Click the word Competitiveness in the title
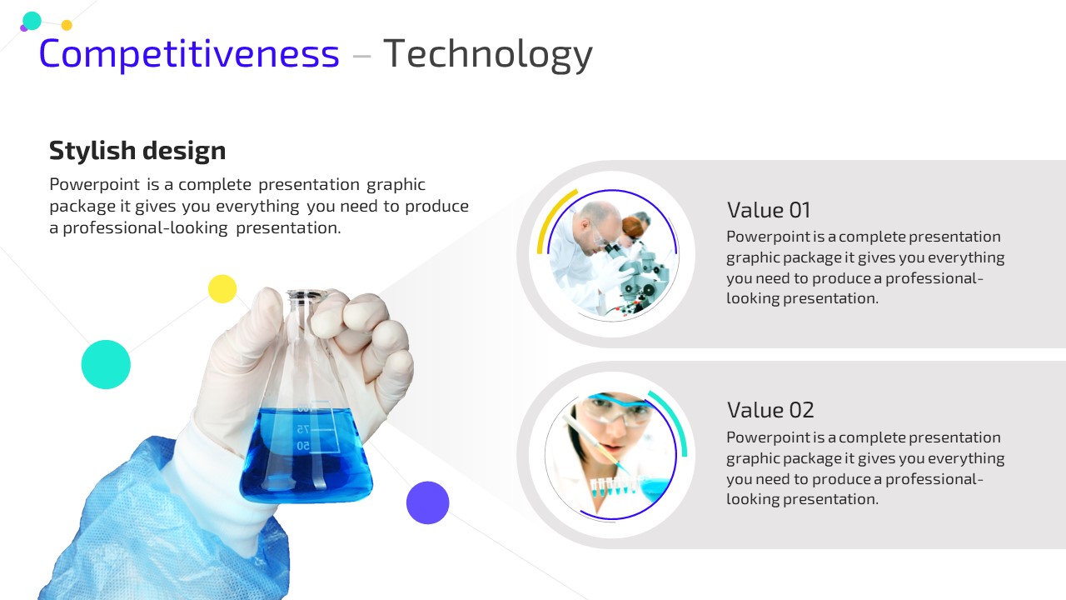(x=189, y=54)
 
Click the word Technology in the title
(x=488, y=54)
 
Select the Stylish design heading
(x=137, y=152)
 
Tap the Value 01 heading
(x=768, y=210)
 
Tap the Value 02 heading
(x=770, y=410)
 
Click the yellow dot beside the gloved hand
(x=222, y=288)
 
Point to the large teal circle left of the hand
(x=106, y=364)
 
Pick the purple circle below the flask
(x=427, y=502)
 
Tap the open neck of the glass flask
(x=305, y=295)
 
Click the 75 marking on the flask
(x=303, y=429)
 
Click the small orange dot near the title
(x=67, y=25)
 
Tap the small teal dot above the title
(x=32, y=21)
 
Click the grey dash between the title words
(x=361, y=57)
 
